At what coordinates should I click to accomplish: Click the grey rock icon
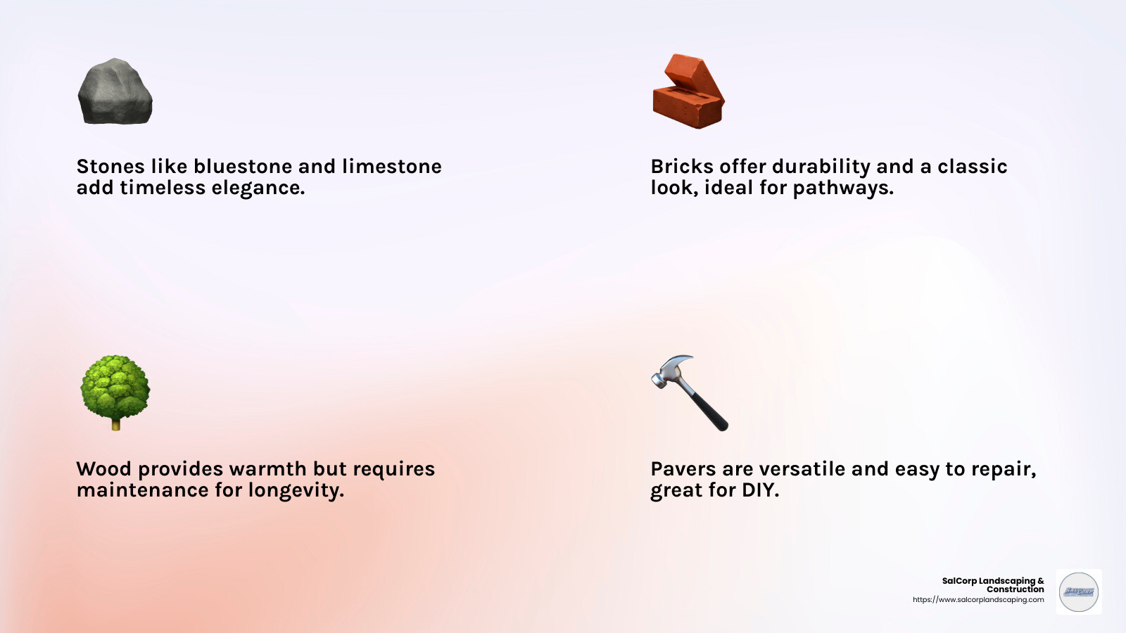(x=115, y=92)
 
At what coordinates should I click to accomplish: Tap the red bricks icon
(x=688, y=91)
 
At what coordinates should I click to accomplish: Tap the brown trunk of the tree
(x=115, y=423)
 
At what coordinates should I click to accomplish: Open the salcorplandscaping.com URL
(x=978, y=600)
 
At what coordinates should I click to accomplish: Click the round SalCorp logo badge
(x=1079, y=592)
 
